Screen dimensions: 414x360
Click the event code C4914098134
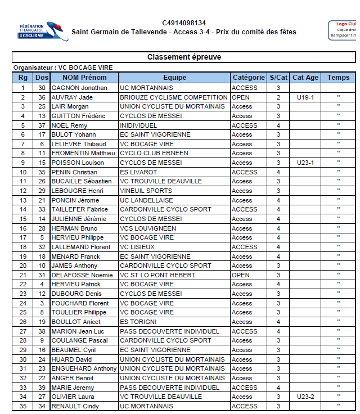[183, 23]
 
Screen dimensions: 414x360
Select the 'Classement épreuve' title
[184, 57]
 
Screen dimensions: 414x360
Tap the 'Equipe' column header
[174, 78]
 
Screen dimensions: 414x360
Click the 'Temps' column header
[338, 78]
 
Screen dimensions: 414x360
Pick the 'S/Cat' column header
[278, 78]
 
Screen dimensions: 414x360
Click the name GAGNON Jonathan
[79, 88]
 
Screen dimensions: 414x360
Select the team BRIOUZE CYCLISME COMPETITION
[174, 97]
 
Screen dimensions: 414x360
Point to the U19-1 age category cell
[305, 97]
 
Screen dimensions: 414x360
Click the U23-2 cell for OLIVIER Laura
[305, 397]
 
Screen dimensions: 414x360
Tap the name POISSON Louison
[78, 163]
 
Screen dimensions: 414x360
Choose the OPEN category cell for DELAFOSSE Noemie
[241, 275]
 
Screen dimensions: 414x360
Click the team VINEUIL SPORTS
[146, 191]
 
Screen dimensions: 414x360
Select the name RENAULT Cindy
[75, 406]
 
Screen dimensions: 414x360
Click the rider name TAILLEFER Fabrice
[80, 209]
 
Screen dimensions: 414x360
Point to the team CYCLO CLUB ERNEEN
[155, 153]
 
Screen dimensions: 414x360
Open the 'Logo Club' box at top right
[344, 30]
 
